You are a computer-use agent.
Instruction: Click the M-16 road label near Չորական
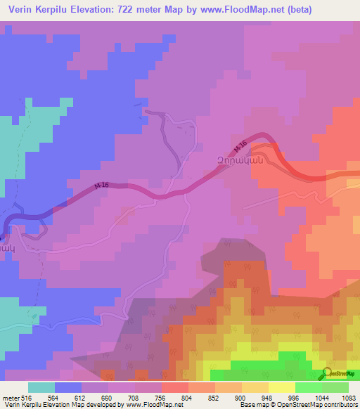coord(241,146)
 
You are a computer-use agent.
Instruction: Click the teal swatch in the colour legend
coord(41,387)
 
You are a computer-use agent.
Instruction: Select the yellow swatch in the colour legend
coord(282,387)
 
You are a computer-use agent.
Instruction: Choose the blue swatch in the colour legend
coord(68,387)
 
